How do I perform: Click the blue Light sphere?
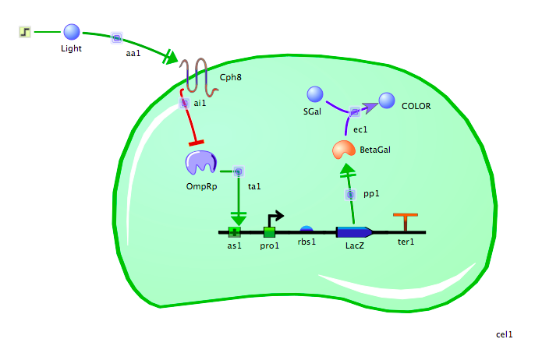click(72, 32)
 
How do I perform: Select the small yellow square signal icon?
click(24, 32)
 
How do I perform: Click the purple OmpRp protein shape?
click(200, 163)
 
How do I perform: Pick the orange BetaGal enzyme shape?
click(343, 149)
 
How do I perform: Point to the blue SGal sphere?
click(314, 94)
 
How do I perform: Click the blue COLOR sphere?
click(387, 100)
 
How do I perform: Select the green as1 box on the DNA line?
click(234, 231)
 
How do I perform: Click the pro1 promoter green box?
click(269, 231)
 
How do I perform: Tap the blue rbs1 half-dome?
click(306, 229)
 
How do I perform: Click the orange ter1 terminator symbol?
click(405, 222)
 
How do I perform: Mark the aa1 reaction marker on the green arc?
click(116, 37)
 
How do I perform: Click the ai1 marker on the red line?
click(185, 103)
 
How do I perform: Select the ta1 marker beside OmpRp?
click(238, 171)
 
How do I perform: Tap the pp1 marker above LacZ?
click(351, 193)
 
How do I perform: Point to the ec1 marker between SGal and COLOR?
click(353, 113)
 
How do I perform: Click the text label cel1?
click(505, 334)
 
